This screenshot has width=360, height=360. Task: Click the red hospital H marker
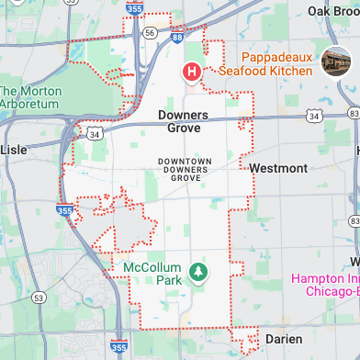click(192, 71)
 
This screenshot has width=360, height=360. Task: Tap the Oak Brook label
click(331, 10)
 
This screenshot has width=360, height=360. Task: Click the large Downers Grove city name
click(183, 122)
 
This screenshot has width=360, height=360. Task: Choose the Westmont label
click(277, 169)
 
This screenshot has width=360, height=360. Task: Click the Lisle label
click(14, 149)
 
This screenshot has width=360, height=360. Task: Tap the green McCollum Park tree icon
click(196, 271)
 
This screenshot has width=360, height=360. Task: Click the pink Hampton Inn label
click(324, 285)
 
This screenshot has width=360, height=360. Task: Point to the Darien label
click(283, 339)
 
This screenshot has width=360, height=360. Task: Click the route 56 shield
click(149, 31)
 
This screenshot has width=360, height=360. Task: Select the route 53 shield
click(38, 298)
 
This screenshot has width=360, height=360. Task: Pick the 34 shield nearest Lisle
click(95, 135)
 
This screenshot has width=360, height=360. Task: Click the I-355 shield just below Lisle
click(62, 210)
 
